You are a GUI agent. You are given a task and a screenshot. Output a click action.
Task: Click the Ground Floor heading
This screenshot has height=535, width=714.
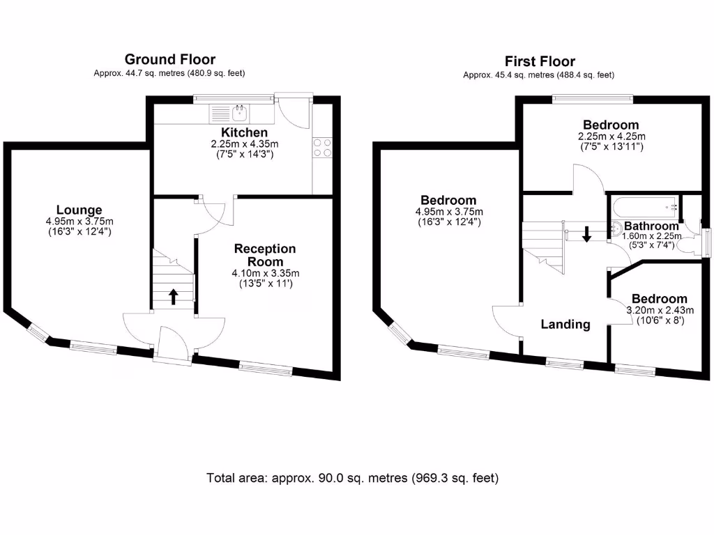point(169,60)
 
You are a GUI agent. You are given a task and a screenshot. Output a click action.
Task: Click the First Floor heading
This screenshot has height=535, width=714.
point(540,62)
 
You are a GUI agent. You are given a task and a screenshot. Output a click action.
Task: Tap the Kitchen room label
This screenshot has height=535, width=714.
point(244,132)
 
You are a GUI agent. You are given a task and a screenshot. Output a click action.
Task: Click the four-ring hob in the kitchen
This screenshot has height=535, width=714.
point(322,148)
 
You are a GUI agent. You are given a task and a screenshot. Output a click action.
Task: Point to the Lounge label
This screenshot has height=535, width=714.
point(79,210)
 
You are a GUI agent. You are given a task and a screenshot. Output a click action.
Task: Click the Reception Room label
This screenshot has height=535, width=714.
point(265,254)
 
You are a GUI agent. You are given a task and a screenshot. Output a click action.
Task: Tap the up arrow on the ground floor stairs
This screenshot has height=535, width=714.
point(173,297)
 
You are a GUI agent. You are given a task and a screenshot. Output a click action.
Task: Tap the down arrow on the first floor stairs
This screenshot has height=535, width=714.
point(586,233)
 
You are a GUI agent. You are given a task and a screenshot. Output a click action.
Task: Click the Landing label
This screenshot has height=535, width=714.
point(565,324)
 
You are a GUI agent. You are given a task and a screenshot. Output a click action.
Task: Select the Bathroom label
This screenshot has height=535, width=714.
point(651,226)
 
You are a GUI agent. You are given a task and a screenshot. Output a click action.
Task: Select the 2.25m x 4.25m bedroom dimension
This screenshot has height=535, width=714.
point(611,137)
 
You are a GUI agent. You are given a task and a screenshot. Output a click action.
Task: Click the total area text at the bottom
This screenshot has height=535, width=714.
point(353,478)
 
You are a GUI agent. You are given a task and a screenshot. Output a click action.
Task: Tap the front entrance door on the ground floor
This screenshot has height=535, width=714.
point(174,343)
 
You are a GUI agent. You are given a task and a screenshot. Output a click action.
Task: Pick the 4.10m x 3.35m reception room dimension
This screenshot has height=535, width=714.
point(265,274)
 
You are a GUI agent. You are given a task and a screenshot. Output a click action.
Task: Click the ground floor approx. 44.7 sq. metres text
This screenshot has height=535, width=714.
point(169,73)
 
